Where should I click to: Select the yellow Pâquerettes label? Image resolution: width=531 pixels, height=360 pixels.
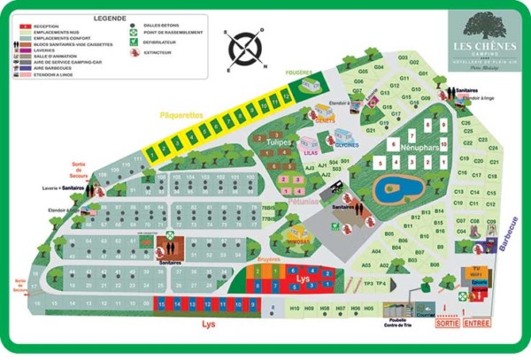(x=181, y=115)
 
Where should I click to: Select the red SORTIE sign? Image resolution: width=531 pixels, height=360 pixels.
(x=448, y=325)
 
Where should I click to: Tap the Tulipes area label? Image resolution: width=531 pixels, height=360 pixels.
(x=279, y=142)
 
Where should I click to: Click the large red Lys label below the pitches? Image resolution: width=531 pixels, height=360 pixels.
(x=209, y=326)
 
